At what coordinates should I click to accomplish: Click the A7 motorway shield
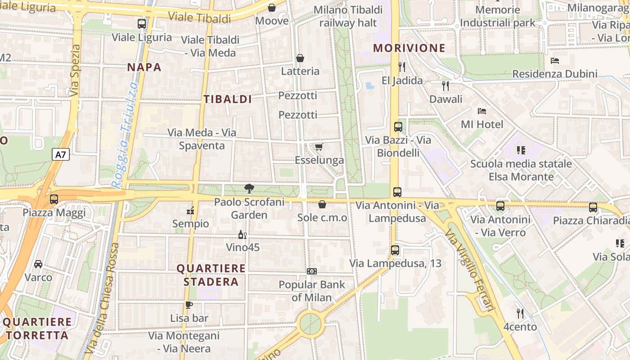61,155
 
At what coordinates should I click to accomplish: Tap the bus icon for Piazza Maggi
54,199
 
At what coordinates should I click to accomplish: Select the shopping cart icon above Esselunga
319,147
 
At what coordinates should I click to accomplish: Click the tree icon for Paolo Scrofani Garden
249,189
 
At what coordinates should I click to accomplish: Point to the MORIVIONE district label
409,48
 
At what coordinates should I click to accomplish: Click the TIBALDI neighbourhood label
228,99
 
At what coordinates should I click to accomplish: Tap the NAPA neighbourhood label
144,67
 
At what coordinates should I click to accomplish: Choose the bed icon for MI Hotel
482,111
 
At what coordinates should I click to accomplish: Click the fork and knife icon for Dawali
445,85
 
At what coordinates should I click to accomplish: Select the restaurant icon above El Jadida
402,67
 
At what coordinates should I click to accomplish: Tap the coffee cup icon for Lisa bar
189,305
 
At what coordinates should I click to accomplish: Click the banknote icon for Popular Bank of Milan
312,271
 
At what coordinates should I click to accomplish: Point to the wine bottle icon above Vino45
242,234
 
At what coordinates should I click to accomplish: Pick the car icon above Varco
38,264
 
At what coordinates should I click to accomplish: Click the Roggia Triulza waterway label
124,135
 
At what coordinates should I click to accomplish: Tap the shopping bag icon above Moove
272,8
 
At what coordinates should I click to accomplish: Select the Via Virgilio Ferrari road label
470,269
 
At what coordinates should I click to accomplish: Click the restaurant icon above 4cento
520,313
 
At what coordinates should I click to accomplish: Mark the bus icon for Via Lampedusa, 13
395,250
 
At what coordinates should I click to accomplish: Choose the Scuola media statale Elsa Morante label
521,170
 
